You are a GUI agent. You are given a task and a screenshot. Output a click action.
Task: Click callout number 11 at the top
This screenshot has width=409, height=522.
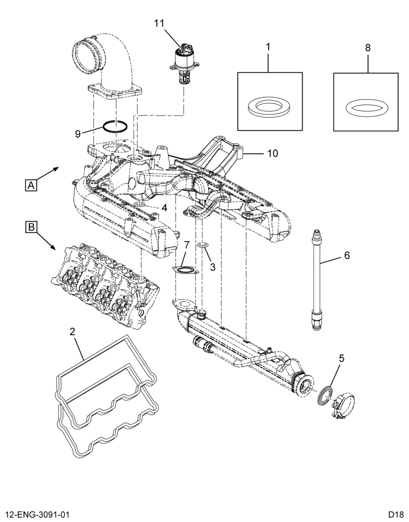click(159, 23)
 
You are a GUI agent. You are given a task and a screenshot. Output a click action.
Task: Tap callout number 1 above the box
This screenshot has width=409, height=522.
click(268, 48)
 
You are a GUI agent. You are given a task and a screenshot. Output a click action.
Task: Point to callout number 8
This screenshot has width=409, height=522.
click(367, 48)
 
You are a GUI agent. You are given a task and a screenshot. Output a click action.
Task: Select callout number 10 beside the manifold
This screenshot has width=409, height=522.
click(272, 153)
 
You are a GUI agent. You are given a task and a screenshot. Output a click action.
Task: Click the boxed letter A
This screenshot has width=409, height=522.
click(31, 185)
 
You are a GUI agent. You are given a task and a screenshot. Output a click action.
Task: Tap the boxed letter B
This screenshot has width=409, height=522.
click(31, 228)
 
